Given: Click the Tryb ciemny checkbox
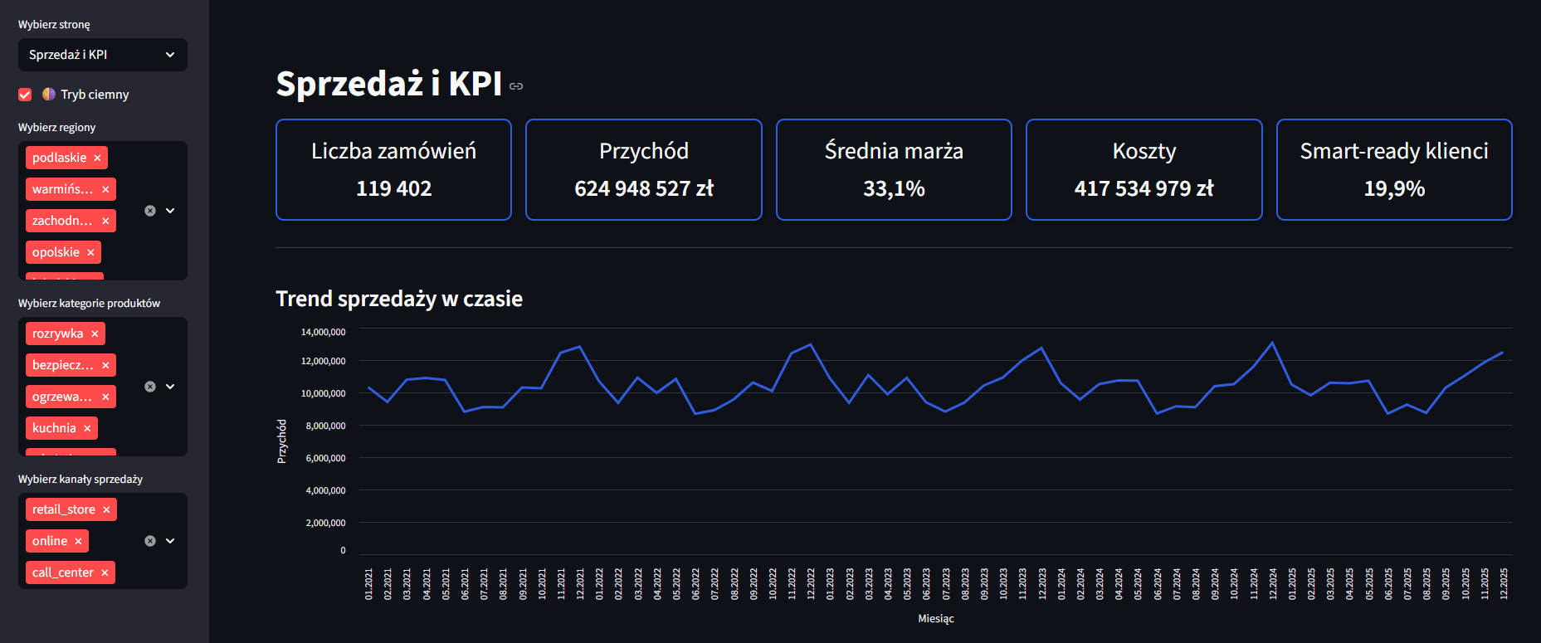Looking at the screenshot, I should (25, 95).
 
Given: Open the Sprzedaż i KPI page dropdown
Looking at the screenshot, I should (102, 55).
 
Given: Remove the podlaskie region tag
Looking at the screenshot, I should (97, 158).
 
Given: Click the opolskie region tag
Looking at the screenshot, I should (56, 252).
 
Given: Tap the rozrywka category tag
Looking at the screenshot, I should (57, 334).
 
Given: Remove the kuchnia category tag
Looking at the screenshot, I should (87, 429).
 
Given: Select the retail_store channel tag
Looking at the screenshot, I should (63, 509).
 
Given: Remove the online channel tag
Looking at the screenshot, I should (78, 542).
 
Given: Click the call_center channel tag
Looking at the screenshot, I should (62, 572).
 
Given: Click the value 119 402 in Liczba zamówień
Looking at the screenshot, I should (393, 189).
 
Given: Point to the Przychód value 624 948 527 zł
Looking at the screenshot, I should (643, 189).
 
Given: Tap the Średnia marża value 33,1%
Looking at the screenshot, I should (894, 189).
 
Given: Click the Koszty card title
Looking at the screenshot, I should (1144, 151).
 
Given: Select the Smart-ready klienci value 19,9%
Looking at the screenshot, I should (1394, 189).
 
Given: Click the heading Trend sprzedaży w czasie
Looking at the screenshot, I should (399, 299).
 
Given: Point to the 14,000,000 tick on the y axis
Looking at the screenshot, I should (323, 332).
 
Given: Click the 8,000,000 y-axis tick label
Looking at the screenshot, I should (325, 426).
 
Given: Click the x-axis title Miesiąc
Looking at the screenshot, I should (936, 619).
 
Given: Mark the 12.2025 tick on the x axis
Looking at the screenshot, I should (1504, 584).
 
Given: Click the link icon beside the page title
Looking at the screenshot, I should (516, 86).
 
